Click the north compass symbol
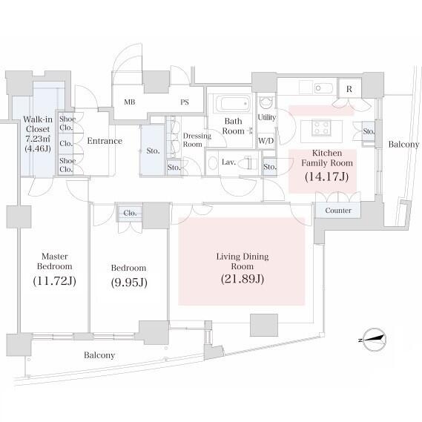click(374, 340)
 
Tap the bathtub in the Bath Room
click(232, 104)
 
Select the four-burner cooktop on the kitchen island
click(321, 128)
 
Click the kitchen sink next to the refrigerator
click(324, 88)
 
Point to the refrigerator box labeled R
click(349, 89)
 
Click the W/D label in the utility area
click(266, 141)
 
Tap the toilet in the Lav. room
click(247, 163)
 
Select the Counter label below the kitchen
click(338, 210)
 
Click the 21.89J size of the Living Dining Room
click(243, 279)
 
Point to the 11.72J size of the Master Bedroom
click(54, 280)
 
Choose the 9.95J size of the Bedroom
click(129, 283)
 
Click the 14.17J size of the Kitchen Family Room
click(327, 177)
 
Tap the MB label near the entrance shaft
click(130, 102)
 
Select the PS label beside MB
click(185, 102)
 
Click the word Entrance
click(105, 141)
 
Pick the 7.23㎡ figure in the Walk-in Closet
click(38, 139)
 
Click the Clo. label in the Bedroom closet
click(130, 213)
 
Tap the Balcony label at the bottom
click(99, 355)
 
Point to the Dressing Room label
click(197, 140)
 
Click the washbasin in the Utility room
click(266, 103)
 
